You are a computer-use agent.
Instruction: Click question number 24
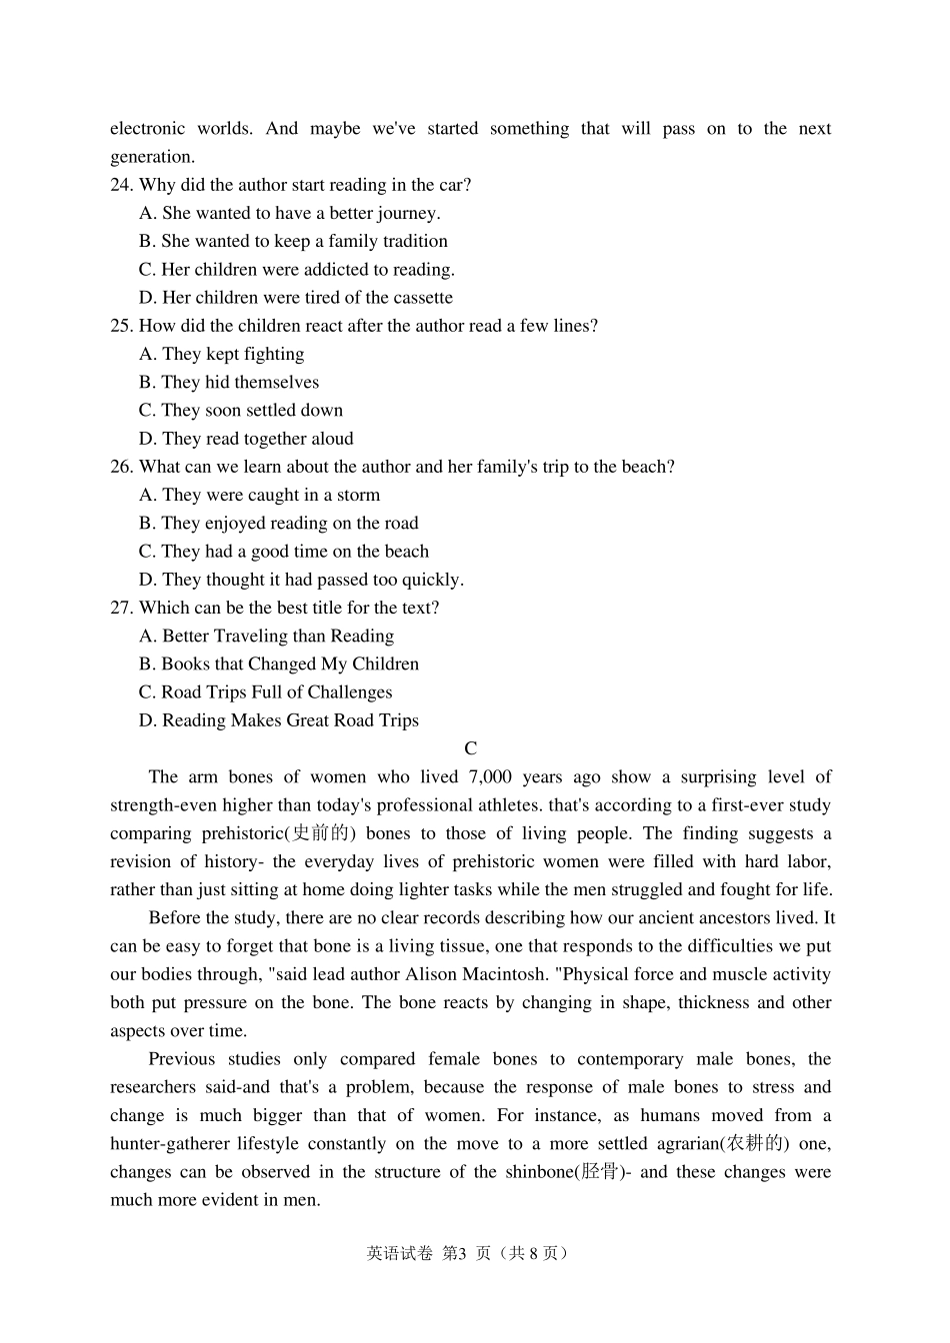point(121,185)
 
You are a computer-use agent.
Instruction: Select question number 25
point(121,326)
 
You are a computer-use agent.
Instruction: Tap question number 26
point(121,467)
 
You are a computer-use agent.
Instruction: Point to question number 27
point(121,608)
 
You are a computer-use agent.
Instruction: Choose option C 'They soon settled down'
point(241,411)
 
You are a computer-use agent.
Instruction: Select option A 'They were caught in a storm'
point(260,495)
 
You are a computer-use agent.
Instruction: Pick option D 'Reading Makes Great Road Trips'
point(279,720)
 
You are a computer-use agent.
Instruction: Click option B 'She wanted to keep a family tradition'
point(293,241)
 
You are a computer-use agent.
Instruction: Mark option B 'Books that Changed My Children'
point(279,665)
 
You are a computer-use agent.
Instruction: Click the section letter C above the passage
point(471,748)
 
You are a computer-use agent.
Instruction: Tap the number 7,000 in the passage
point(490,777)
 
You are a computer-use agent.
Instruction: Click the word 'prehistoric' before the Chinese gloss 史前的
point(243,833)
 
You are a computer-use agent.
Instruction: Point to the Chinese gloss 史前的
point(319,833)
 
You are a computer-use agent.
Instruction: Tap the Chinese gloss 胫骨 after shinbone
point(600,1171)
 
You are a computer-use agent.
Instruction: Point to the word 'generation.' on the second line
point(152,157)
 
